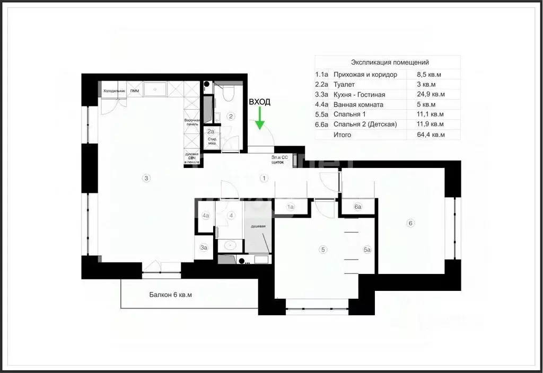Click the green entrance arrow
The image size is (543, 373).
259,118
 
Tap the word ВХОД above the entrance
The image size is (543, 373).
260,102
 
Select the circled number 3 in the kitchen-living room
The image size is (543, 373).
146,178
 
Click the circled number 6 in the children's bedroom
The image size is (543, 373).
410,223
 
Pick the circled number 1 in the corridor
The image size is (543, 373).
263,178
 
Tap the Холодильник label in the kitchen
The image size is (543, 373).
114,91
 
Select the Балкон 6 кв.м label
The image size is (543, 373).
170,295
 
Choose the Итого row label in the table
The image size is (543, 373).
342,135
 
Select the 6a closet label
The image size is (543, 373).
358,207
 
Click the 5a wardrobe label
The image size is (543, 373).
367,249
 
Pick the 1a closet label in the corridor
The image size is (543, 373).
290,207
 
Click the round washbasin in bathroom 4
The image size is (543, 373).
230,245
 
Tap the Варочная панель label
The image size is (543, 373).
192,122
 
